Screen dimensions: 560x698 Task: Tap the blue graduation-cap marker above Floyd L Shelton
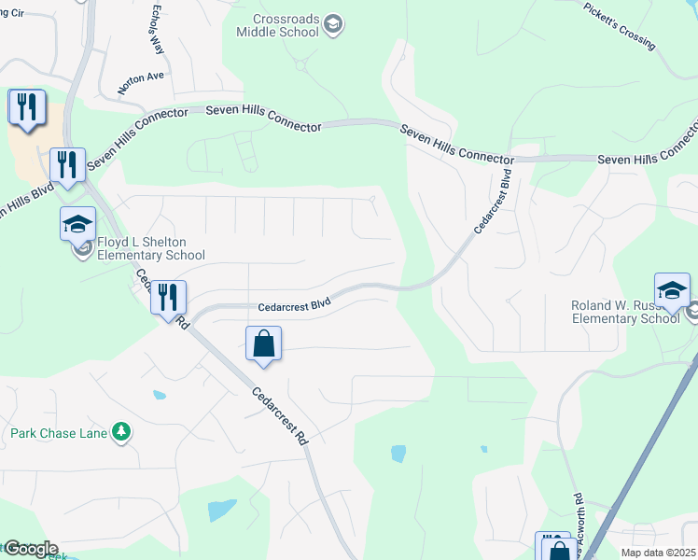78,224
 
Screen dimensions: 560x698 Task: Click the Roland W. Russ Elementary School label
625,312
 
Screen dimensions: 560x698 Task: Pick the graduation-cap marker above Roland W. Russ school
672,289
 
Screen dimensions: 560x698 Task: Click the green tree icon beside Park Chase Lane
120,431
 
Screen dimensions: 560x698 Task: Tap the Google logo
30,549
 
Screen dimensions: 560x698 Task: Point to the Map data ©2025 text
658,553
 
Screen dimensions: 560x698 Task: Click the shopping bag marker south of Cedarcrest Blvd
264,343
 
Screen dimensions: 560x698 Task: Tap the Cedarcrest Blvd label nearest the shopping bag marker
293,306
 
